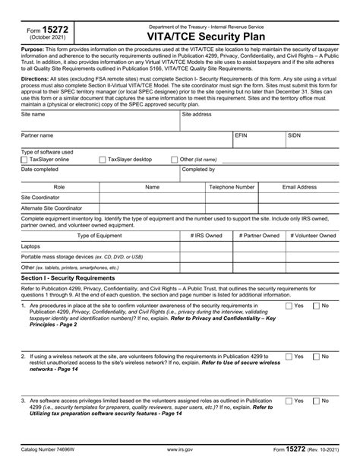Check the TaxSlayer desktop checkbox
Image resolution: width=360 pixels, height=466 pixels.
tap(103, 160)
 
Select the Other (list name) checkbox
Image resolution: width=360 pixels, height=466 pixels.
tap(175, 160)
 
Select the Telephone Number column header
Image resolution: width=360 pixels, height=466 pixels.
tap(232, 186)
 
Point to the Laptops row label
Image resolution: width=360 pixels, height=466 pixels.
tap(32, 246)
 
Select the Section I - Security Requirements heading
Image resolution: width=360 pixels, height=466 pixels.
tap(73, 279)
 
